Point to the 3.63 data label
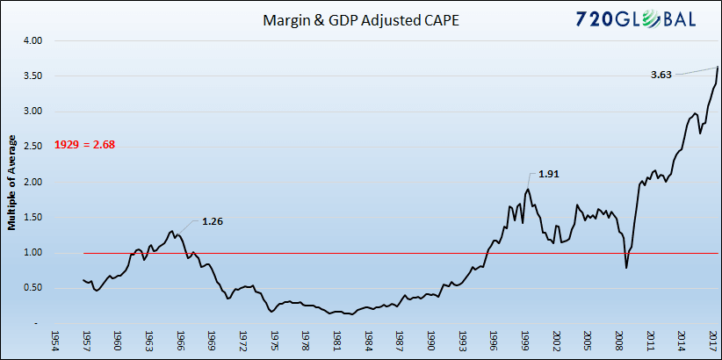click(x=661, y=76)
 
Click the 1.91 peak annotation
click(x=548, y=174)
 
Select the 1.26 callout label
click(x=212, y=221)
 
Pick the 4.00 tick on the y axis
click(x=32, y=40)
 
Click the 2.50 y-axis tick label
click(x=32, y=147)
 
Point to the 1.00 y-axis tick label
click(x=32, y=253)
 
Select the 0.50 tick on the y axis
click(x=32, y=288)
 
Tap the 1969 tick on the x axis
click(x=211, y=342)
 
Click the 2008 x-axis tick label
click(x=619, y=342)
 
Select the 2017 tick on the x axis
click(x=713, y=342)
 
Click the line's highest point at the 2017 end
click(x=718, y=67)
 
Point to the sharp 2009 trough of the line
click(x=625, y=268)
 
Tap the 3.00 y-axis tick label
click(x=32, y=112)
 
